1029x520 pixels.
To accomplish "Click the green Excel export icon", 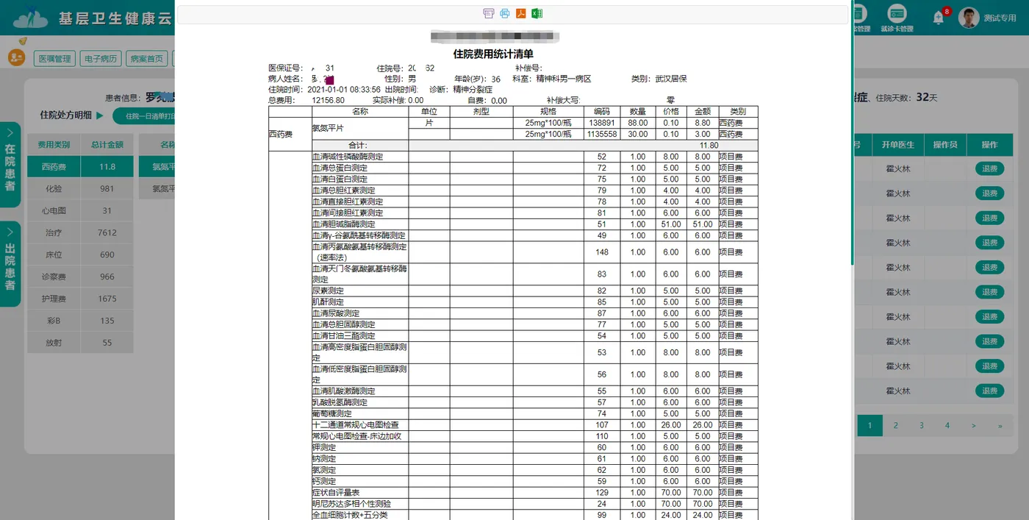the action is click(537, 13).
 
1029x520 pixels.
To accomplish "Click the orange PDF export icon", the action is click(520, 13).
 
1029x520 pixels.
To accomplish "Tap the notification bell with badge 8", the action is click(939, 18).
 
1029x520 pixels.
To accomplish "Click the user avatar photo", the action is click(969, 18).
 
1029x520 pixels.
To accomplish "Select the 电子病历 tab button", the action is click(101, 59).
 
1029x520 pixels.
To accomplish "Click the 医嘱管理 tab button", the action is click(54, 59).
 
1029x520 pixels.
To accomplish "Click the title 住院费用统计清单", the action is click(493, 54).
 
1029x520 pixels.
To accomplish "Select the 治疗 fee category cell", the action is click(54, 233).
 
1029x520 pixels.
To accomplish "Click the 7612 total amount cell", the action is click(107, 233).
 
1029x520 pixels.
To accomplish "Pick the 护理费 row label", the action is click(54, 299).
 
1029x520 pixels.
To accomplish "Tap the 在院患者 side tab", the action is click(10, 166).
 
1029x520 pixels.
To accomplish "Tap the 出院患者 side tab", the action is click(10, 266).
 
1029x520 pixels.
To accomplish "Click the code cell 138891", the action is click(602, 123).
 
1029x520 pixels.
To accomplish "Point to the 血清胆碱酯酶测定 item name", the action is click(343, 224).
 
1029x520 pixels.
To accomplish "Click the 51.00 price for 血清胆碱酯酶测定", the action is click(670, 224).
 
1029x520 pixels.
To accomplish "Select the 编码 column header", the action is click(602, 112).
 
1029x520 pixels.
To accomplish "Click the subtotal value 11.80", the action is click(709, 146).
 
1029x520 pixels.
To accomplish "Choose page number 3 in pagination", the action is click(921, 425).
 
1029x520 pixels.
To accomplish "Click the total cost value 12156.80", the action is click(329, 101).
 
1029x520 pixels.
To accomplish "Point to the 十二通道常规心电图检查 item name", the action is click(356, 425).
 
